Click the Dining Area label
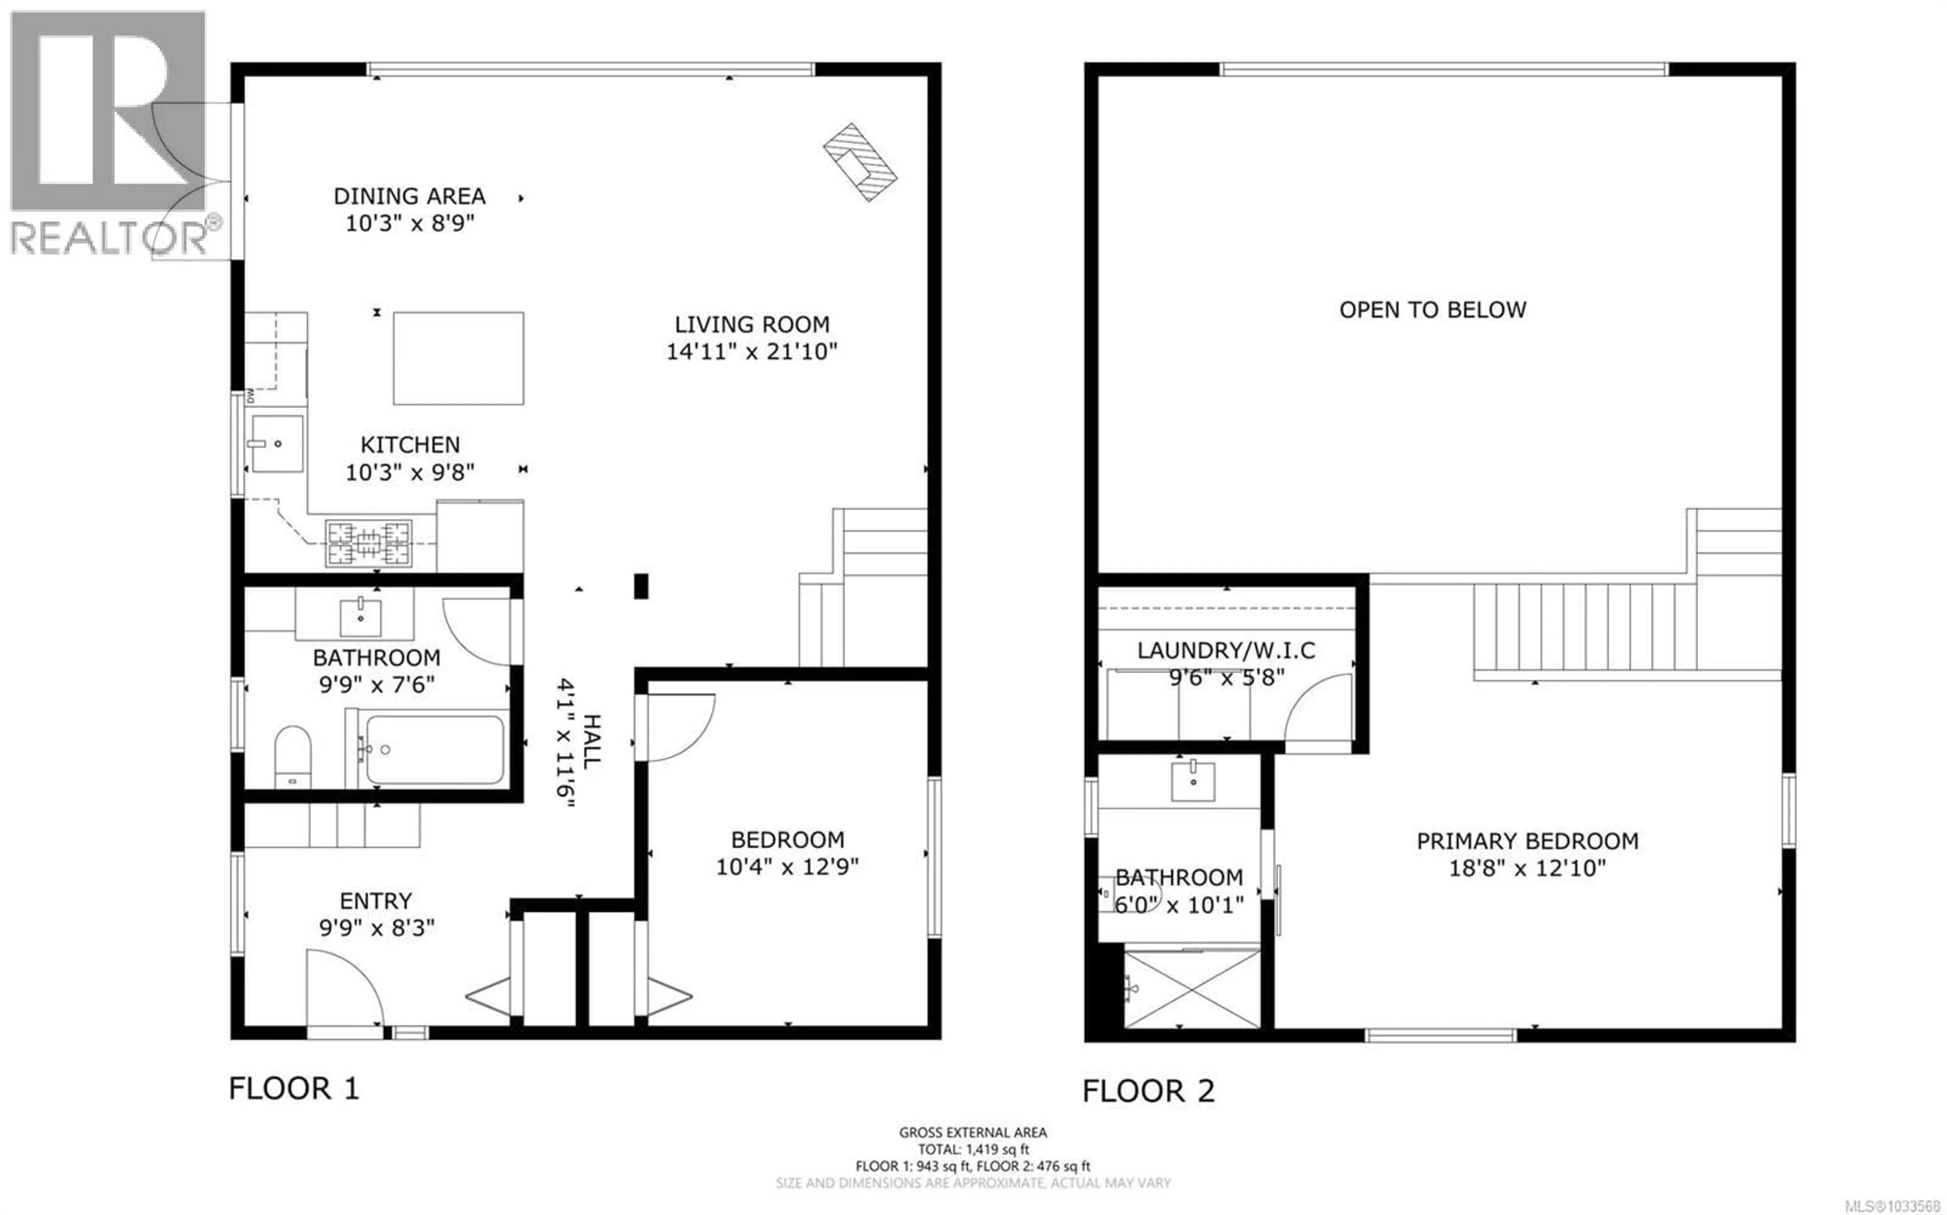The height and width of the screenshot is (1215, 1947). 409,196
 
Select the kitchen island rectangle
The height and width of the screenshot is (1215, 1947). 458,358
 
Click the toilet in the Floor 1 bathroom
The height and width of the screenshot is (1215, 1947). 293,756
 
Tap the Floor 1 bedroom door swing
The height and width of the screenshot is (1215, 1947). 679,727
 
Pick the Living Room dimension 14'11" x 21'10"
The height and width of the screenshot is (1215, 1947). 751,351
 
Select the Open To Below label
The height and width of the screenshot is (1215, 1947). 1432,310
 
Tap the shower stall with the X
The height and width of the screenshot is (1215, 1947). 1192,989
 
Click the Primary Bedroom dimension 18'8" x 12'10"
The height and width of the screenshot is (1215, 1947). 1527,868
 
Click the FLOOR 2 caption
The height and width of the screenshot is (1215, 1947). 1148,1090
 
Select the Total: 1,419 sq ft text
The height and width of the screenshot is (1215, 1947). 972,1149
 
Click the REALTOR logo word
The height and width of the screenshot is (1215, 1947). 109,239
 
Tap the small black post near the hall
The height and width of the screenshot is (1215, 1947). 641,586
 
